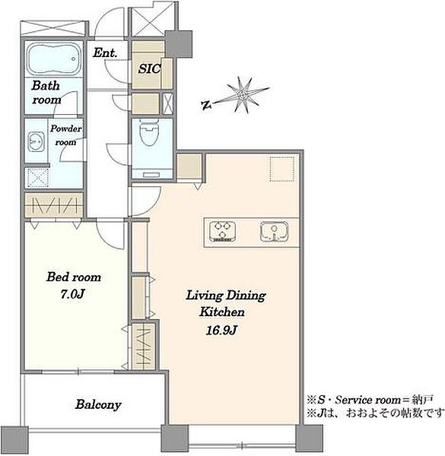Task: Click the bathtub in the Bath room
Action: pyautogui.click(x=53, y=59)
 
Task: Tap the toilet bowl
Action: pyautogui.click(x=149, y=132)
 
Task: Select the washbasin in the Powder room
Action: pyautogui.click(x=36, y=142)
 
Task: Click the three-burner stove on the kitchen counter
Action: pyautogui.click(x=222, y=232)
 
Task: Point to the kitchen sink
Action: pyautogui.click(x=274, y=232)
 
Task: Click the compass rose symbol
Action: pyautogui.click(x=243, y=95)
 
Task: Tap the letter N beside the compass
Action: pyautogui.click(x=206, y=105)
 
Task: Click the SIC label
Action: pyautogui.click(x=149, y=69)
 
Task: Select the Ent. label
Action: pyautogui.click(x=105, y=53)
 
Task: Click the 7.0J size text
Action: pyautogui.click(x=72, y=294)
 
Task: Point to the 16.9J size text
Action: pyautogui.click(x=221, y=330)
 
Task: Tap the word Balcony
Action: pyautogui.click(x=98, y=405)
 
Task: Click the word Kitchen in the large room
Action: pyautogui.click(x=222, y=312)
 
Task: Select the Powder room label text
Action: pyautogui.click(x=65, y=135)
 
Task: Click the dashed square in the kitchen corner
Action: pyautogui.click(x=282, y=169)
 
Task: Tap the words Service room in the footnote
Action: pyautogui.click(x=368, y=401)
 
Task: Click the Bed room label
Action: pyautogui.click(x=74, y=277)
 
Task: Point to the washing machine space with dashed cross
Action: pyautogui.click(x=38, y=177)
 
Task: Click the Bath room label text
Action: pyautogui.click(x=46, y=93)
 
